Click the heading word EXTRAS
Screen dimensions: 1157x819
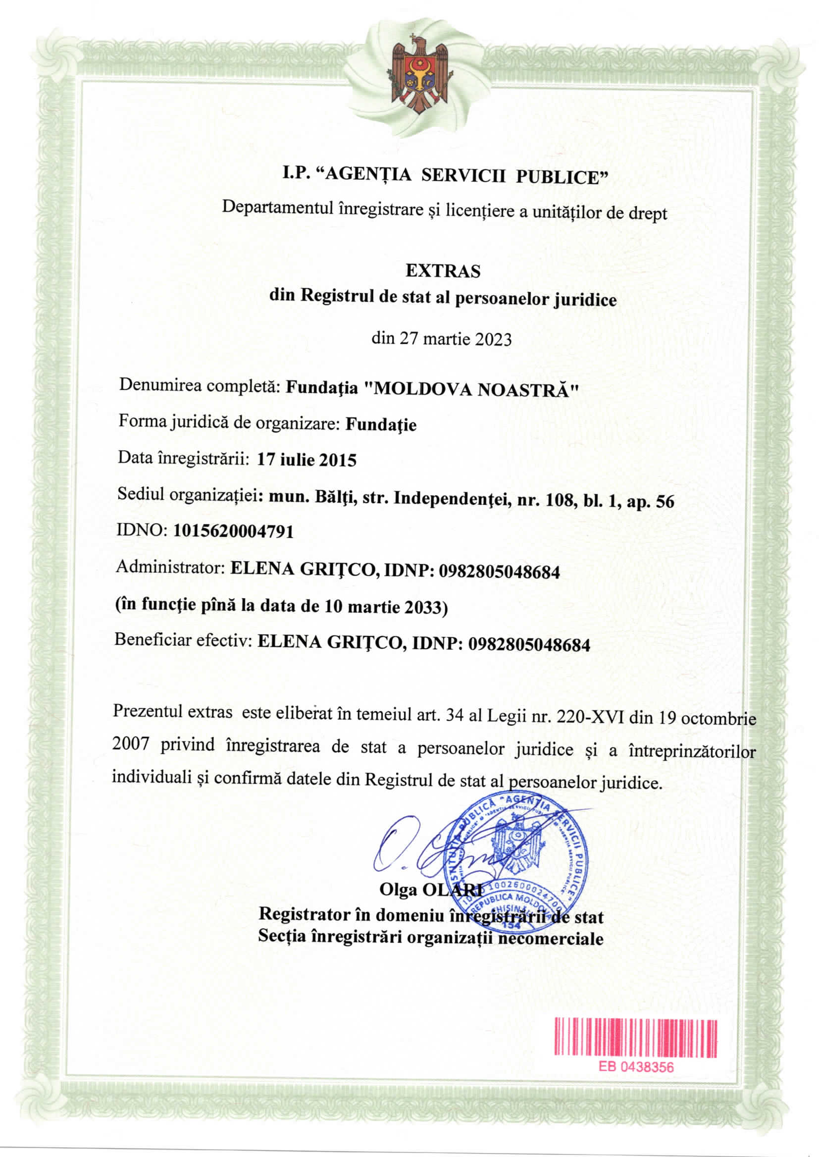pos(443,271)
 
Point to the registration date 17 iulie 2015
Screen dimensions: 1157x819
pos(307,460)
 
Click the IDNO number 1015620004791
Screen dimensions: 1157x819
pos(234,531)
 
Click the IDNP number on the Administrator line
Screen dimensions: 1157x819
pos(499,572)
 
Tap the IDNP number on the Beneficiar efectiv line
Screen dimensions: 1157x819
pos(529,645)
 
